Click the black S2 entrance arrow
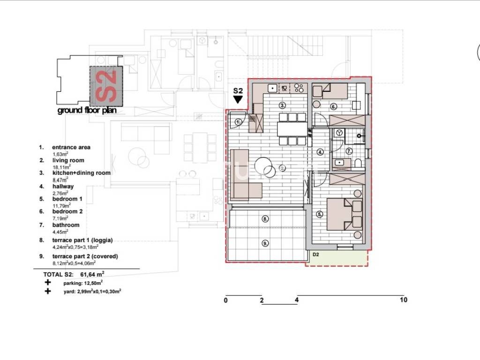click(238, 99)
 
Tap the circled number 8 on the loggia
click(265, 219)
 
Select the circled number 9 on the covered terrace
click(265, 243)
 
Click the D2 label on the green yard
click(316, 255)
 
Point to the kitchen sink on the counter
click(272, 88)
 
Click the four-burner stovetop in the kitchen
click(299, 88)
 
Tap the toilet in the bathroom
click(358, 163)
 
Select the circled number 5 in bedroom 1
click(320, 214)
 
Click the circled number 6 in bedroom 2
click(333, 106)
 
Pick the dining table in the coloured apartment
click(292, 129)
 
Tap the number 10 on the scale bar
click(404, 300)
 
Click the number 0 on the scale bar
click(226, 300)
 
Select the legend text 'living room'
click(68, 160)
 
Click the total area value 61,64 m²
click(92, 274)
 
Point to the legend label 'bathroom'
click(66, 225)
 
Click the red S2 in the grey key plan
click(106, 86)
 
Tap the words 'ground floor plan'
click(87, 110)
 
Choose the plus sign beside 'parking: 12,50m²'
click(47, 282)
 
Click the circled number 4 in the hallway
click(320, 152)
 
